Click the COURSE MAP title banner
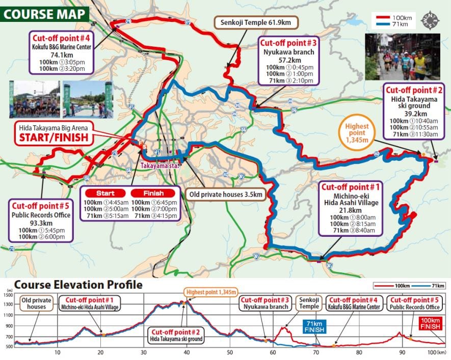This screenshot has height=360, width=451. [45, 13]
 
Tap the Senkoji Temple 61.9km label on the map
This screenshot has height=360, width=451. [256, 23]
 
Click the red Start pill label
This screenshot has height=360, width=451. [105, 193]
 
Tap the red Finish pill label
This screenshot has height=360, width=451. [154, 193]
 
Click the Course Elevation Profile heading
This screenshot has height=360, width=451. [78, 285]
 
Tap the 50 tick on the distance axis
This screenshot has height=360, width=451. [230, 352]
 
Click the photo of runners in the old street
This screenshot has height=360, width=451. [402, 57]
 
